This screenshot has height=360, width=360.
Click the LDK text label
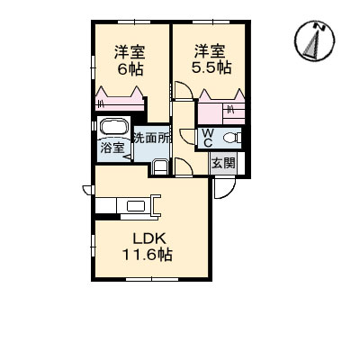(145, 238)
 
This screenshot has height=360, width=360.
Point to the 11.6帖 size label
(147, 255)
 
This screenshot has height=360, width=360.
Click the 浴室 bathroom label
(112, 148)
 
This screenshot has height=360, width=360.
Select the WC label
(206, 137)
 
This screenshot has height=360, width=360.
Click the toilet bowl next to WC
(230, 138)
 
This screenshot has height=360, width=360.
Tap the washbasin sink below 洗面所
(159, 166)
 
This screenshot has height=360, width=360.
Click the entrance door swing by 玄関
(222, 189)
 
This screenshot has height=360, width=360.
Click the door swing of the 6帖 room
(180, 91)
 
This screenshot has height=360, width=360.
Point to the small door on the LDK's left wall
(87, 189)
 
